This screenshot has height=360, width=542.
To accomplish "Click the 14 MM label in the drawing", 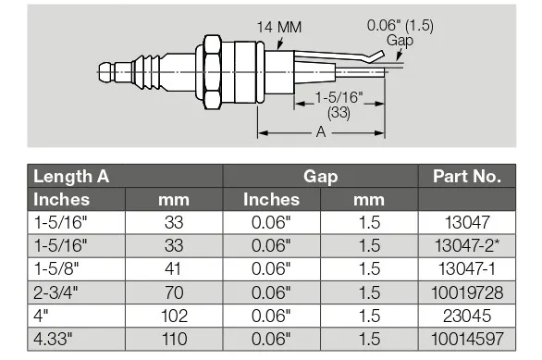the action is tap(279, 27).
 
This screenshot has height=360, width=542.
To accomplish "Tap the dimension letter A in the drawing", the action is tap(321, 131).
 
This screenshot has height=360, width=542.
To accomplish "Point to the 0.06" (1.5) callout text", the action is tap(400, 25).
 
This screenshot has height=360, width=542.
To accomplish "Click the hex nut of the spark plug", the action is tap(212, 72).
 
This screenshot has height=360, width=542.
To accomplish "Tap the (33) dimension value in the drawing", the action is tap(339, 113).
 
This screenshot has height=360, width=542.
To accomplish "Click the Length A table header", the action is tap(71, 177).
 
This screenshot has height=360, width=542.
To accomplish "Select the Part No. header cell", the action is tap(467, 177).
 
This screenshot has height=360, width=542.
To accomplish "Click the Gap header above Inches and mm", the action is tap(320, 177).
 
